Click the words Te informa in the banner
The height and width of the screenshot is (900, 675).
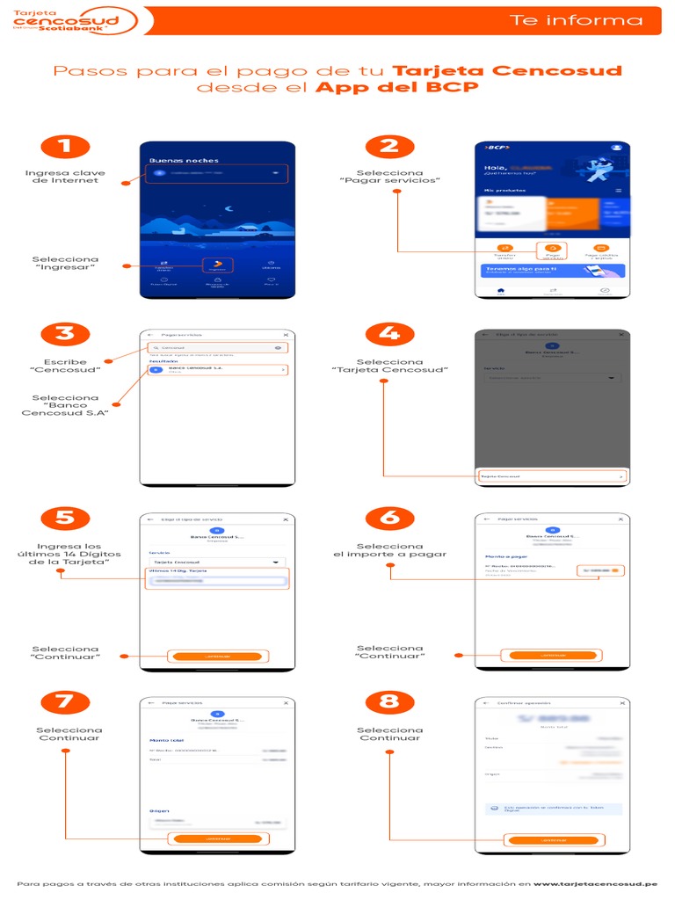click(x=577, y=20)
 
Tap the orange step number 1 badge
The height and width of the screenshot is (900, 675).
click(x=65, y=146)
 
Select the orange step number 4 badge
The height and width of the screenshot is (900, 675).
click(x=389, y=333)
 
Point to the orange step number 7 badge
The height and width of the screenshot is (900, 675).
click(x=65, y=701)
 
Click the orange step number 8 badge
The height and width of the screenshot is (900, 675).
click(x=389, y=701)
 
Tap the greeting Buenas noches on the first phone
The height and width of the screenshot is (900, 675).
click(x=184, y=161)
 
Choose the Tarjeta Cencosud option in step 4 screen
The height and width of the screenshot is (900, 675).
click(x=552, y=476)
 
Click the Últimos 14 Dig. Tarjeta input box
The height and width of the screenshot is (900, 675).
click(x=217, y=581)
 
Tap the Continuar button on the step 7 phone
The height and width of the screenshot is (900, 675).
click(x=217, y=838)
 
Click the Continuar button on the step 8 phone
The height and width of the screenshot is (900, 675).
click(x=552, y=840)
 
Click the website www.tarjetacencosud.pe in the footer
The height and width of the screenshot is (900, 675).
click(x=595, y=883)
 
